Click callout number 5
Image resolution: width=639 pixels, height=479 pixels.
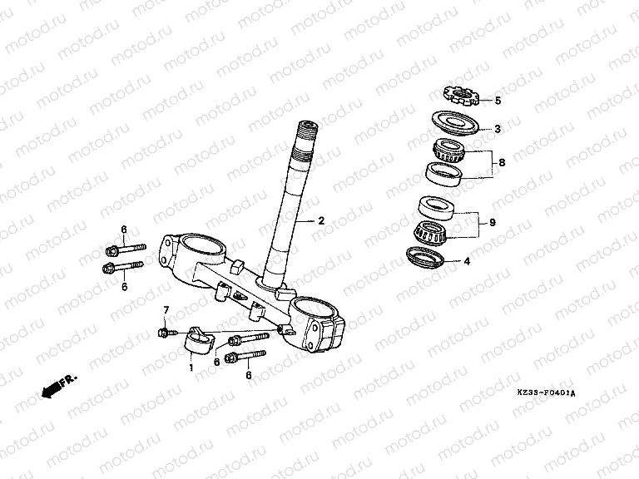click(498, 101)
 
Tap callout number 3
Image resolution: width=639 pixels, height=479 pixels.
click(498, 129)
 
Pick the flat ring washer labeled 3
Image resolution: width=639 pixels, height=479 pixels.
click(455, 121)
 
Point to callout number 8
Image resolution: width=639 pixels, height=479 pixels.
click(500, 163)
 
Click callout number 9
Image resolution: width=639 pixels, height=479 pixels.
click(492, 222)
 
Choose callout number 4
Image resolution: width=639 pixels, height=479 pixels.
click(467, 260)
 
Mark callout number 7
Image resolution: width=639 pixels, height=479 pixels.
click(165, 310)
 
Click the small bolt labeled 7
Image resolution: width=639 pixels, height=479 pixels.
click(163, 333)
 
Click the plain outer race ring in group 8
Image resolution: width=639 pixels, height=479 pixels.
click(444, 174)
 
